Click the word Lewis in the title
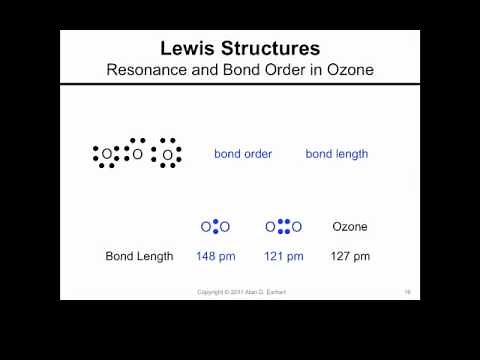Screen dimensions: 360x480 (x=190, y=48)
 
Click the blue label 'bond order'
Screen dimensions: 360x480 (x=243, y=154)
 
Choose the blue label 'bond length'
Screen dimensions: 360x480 (x=337, y=154)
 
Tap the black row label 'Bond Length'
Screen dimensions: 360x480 (x=139, y=256)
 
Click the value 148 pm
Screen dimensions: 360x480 (x=215, y=256)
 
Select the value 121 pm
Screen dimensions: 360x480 (x=284, y=256)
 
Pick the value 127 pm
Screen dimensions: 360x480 (x=350, y=256)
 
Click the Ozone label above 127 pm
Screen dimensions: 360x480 (x=350, y=227)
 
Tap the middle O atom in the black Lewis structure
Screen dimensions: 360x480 (x=137, y=154)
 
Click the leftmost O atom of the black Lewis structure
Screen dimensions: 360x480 (x=107, y=154)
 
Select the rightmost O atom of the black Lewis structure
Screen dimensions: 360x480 (x=167, y=154)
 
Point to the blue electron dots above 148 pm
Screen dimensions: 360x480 (x=215, y=227)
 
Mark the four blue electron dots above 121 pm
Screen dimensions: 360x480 (x=284, y=227)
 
